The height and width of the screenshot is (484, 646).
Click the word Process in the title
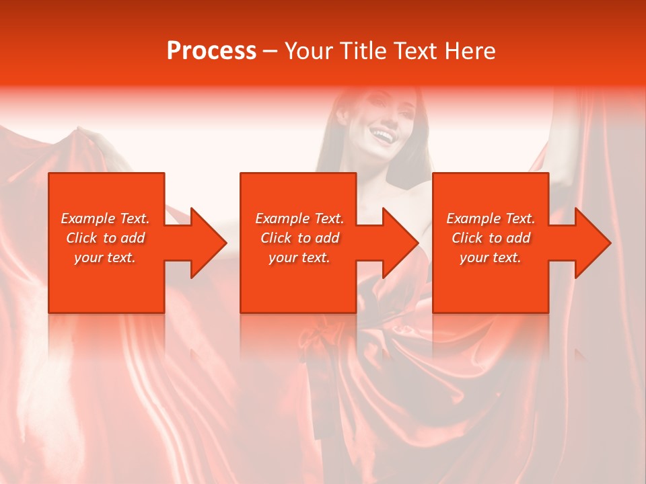tap(211, 51)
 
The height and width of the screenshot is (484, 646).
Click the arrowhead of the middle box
tap(399, 243)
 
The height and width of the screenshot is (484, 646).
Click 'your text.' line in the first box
tap(105, 257)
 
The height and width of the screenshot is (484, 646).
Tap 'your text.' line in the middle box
tap(299, 257)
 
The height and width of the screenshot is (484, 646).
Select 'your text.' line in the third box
tap(491, 257)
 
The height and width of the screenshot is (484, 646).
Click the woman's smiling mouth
tap(382, 136)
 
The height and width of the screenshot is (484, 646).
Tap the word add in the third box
tap(518, 238)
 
